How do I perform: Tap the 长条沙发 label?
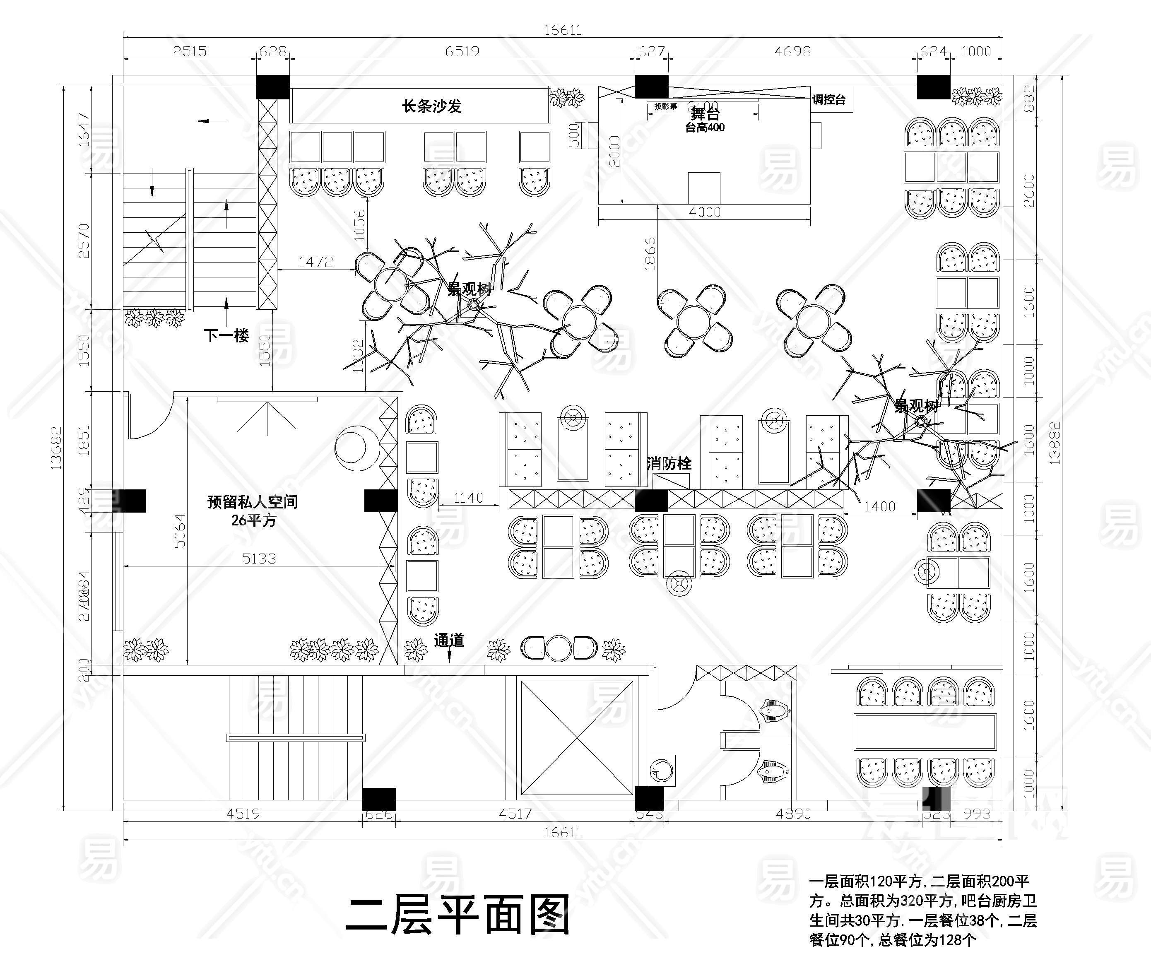click(x=431, y=106)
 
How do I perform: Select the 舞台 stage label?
click(x=705, y=115)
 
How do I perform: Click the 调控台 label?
click(x=828, y=100)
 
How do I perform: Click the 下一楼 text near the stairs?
click(x=226, y=335)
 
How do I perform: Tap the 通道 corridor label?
click(x=449, y=641)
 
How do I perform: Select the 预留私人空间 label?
click(x=253, y=502)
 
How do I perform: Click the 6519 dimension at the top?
click(x=462, y=51)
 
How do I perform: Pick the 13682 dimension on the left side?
click(x=56, y=448)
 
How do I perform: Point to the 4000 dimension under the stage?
click(x=705, y=212)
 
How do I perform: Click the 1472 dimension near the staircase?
click(x=315, y=262)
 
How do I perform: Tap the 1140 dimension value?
click(x=468, y=498)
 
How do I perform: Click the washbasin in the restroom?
click(x=662, y=769)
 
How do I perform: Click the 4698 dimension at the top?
click(x=792, y=51)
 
